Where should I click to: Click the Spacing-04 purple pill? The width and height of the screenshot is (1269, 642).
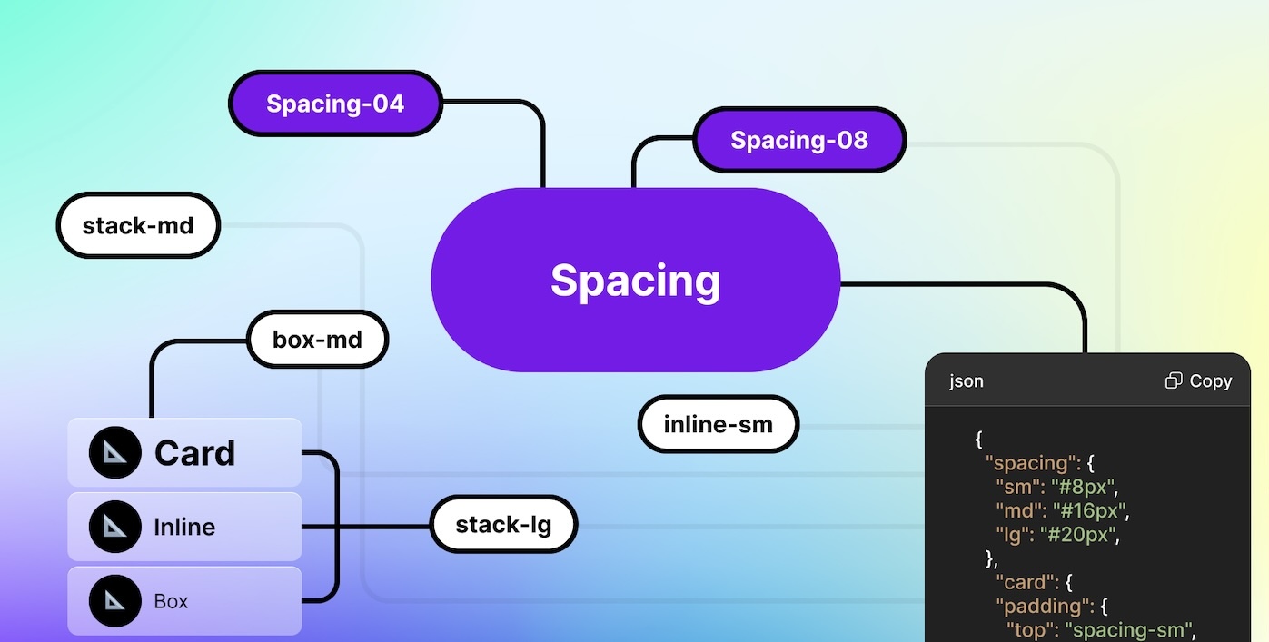tap(335, 104)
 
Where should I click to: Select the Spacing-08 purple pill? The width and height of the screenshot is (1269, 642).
tap(799, 140)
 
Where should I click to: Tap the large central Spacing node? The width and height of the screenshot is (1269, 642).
tap(635, 280)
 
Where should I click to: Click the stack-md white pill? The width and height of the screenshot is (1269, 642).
tap(138, 225)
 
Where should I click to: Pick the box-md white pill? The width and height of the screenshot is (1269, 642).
tap(317, 341)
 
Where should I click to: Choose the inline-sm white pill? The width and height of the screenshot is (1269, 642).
tap(718, 424)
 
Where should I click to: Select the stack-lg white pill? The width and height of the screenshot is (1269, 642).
tap(503, 524)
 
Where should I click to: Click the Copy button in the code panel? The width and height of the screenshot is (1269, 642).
tap(1198, 381)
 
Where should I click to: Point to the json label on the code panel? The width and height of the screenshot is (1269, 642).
tap(967, 381)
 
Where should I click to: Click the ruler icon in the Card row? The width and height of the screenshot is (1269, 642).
tap(115, 453)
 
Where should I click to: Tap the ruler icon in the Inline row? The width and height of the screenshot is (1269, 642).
tap(115, 527)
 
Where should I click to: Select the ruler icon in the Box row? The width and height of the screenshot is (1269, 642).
tap(115, 600)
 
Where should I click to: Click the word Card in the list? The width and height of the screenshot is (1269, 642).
tap(194, 453)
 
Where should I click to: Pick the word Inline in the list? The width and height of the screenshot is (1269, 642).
tap(184, 527)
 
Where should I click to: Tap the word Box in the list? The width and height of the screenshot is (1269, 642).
tap(171, 601)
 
